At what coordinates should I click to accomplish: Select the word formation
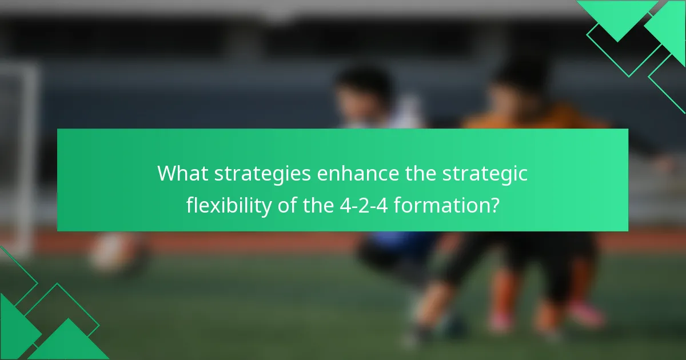[x=441, y=205]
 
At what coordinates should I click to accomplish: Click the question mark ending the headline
[x=493, y=205]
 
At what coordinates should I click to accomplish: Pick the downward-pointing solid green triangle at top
[x=617, y=17]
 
